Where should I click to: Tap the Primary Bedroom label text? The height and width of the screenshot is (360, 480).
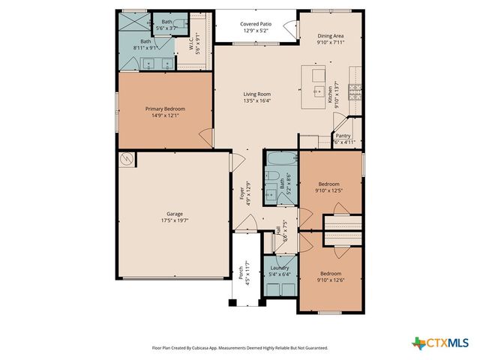(x=165, y=109)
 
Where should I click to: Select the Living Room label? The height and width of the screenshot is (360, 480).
(x=256, y=94)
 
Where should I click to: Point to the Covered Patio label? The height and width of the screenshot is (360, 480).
(x=256, y=23)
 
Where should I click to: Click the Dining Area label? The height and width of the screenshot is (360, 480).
(x=329, y=35)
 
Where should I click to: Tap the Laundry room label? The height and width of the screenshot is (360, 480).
(x=280, y=268)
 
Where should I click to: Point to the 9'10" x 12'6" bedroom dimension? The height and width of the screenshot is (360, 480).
(x=329, y=279)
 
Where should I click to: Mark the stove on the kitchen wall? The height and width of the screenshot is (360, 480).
(x=357, y=93)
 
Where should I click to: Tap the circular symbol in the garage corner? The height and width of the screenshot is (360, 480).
(x=127, y=159)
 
